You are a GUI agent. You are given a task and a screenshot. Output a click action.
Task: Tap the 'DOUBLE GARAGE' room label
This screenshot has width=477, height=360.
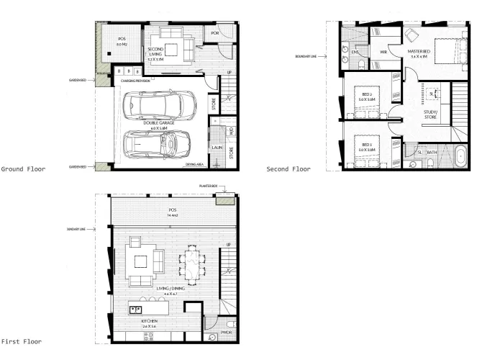156,125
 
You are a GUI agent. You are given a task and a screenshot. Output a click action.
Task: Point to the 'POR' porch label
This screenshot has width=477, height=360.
214,33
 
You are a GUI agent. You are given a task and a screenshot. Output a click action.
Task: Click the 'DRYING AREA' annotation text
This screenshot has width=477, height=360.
194,164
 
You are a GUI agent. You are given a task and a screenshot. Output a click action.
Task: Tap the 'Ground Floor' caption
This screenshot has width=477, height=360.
23,169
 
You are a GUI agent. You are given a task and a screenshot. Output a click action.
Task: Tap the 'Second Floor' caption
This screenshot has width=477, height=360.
289,169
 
